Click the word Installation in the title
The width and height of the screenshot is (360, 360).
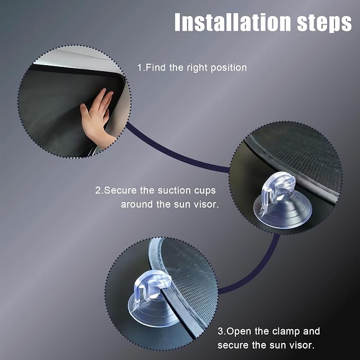pyautogui.click(x=233, y=22)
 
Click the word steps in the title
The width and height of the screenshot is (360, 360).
pyautogui.click(x=324, y=22)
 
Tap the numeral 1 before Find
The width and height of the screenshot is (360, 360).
pyautogui.click(x=139, y=68)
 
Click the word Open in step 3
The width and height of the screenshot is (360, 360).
pyautogui.click(x=239, y=332)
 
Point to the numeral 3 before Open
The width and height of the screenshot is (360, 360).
pyautogui.click(x=220, y=331)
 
